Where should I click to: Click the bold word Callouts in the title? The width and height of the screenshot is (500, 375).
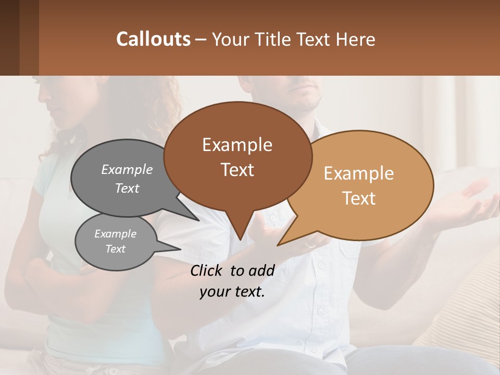pos(153,39)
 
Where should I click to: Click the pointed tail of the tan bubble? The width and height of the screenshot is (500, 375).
pos(279,244)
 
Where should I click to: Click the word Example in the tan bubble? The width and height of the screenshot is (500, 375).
pos(359,173)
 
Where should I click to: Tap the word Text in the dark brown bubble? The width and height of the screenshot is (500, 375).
pos(238,170)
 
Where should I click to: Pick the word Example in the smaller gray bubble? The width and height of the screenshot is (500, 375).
pos(115,234)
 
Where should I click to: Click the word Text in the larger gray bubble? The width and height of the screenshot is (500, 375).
pos(127,189)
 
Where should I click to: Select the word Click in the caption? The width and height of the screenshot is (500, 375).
pos(207,270)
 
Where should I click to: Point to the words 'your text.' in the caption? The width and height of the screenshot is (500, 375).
pos(232,292)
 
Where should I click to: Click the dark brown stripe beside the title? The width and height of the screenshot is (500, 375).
pos(29,37)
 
